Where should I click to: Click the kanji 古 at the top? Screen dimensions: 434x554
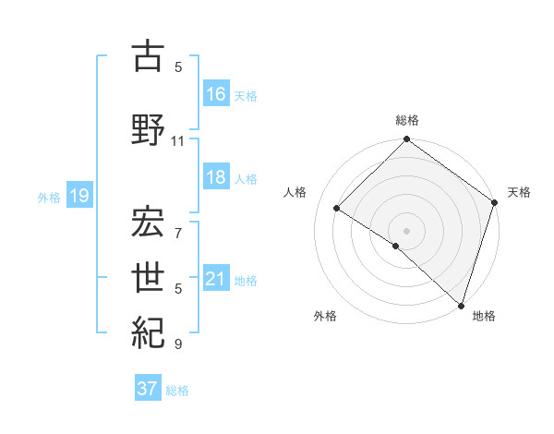(149, 56)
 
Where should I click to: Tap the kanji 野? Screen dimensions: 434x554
(149, 128)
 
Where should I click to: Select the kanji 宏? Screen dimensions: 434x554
(149, 221)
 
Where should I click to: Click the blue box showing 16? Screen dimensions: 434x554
(216, 94)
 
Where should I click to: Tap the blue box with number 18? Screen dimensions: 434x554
(216, 178)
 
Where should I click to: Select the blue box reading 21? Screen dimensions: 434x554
(216, 280)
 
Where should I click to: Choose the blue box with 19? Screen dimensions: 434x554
(78, 196)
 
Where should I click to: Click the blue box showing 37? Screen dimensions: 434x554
(148, 389)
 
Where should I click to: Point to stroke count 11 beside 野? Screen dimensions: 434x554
(177, 141)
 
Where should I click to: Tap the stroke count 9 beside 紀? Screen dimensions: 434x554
(178, 344)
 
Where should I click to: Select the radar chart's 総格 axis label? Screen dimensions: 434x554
(407, 120)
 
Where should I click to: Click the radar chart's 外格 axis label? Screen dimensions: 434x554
(325, 316)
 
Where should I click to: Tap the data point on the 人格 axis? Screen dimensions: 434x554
(337, 209)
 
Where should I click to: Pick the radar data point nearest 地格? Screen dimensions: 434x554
(460, 305)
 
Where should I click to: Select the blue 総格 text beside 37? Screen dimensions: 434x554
(177, 391)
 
